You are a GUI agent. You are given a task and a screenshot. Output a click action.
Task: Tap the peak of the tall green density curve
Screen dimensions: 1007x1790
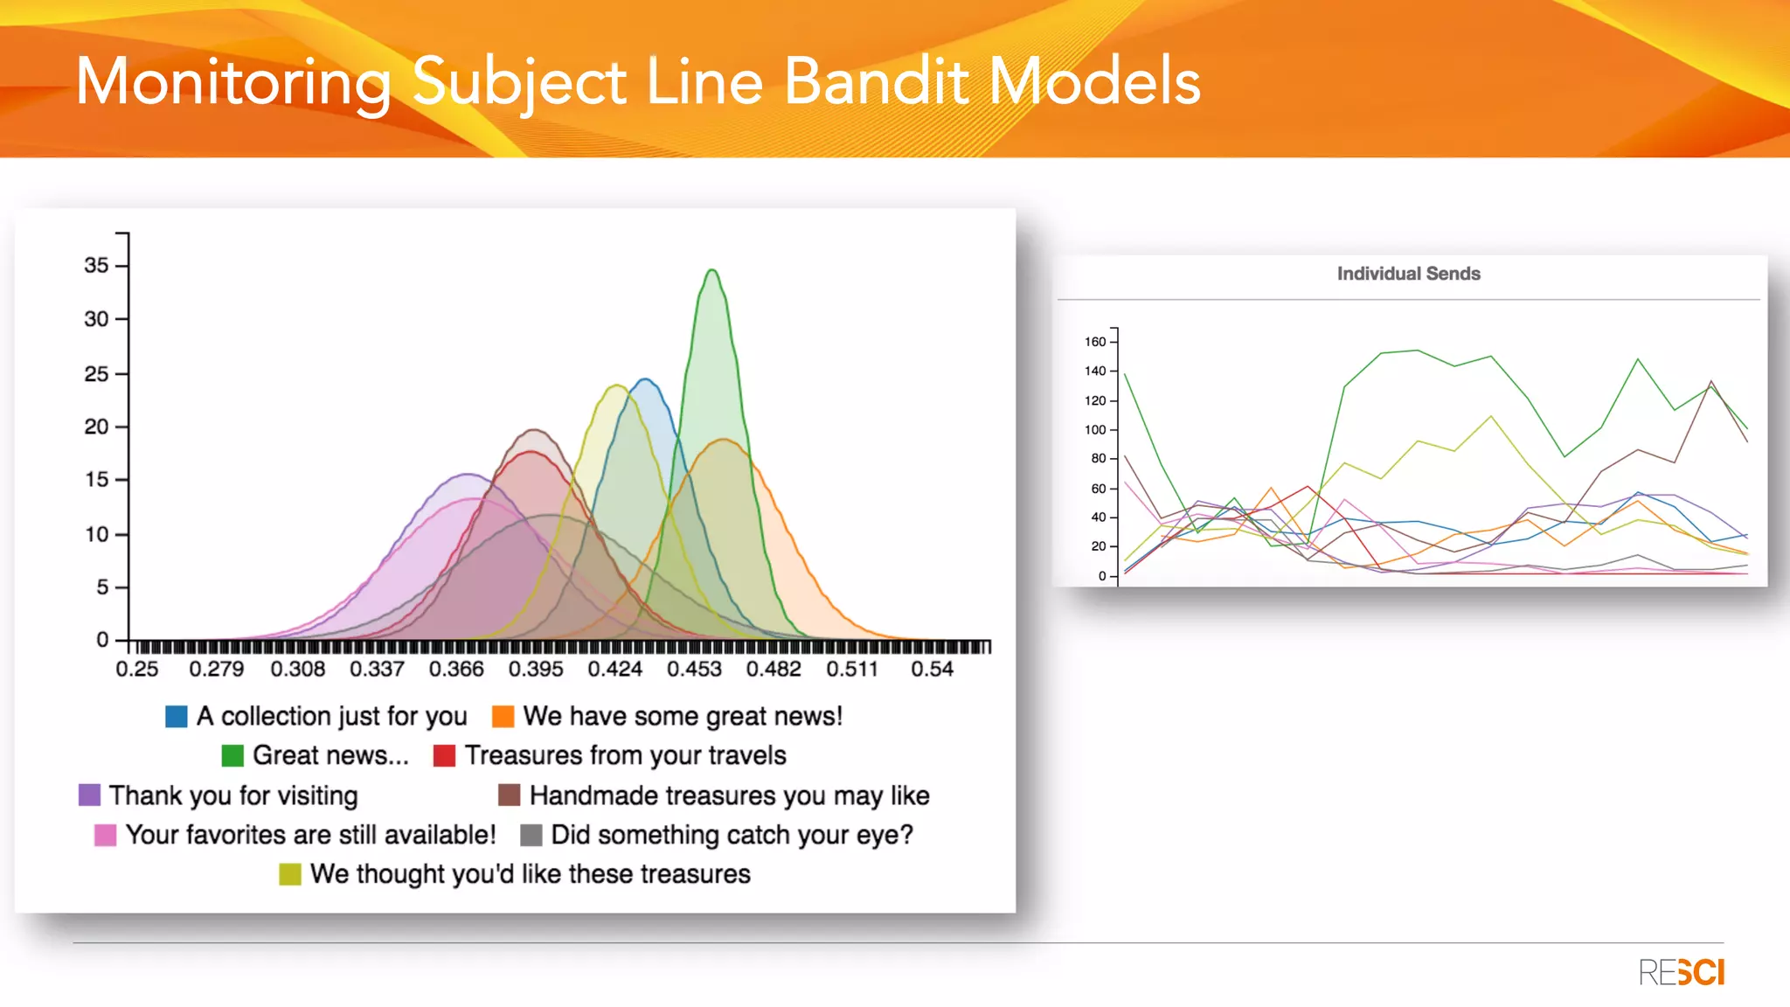coord(712,271)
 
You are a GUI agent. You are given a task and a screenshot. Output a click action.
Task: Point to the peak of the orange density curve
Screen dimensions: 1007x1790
coord(724,440)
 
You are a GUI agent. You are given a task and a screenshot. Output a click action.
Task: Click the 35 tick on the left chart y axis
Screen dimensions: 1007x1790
coord(96,265)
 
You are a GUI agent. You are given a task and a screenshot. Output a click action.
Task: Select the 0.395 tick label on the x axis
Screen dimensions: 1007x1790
coord(536,670)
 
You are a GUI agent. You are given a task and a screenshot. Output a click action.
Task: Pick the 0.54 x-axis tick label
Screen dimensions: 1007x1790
coord(932,670)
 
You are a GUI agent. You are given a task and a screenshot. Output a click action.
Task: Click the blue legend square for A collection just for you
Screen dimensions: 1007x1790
coord(177,717)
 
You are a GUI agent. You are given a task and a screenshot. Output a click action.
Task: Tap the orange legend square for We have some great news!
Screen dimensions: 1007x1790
coord(503,717)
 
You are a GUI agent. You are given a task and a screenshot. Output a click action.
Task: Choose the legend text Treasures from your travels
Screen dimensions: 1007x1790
coord(625,755)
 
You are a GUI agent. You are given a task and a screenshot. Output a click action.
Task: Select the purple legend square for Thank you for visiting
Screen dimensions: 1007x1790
coord(89,795)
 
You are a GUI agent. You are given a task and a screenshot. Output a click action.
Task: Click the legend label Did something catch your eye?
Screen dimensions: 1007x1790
coord(732,835)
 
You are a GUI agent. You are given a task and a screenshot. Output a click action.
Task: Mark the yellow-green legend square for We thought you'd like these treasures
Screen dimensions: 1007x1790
coord(290,874)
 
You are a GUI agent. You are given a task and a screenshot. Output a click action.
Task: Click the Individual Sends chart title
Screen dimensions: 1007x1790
coord(1408,274)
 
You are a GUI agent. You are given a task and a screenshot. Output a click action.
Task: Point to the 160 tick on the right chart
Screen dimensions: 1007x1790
coord(1095,342)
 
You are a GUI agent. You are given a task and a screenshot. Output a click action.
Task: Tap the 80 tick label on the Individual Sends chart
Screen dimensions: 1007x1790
coord(1098,458)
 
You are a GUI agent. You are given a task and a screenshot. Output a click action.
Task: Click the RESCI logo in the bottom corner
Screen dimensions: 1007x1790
coord(1681,972)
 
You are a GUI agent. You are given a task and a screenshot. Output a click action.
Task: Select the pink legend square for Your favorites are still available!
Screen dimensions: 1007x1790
coord(105,835)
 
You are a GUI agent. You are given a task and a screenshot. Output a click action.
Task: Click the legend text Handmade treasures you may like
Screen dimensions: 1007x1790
coord(729,795)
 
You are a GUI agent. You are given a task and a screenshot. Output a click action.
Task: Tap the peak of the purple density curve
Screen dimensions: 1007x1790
coord(468,475)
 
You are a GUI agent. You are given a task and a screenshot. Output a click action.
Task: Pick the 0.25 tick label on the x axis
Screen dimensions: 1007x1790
coord(137,670)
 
